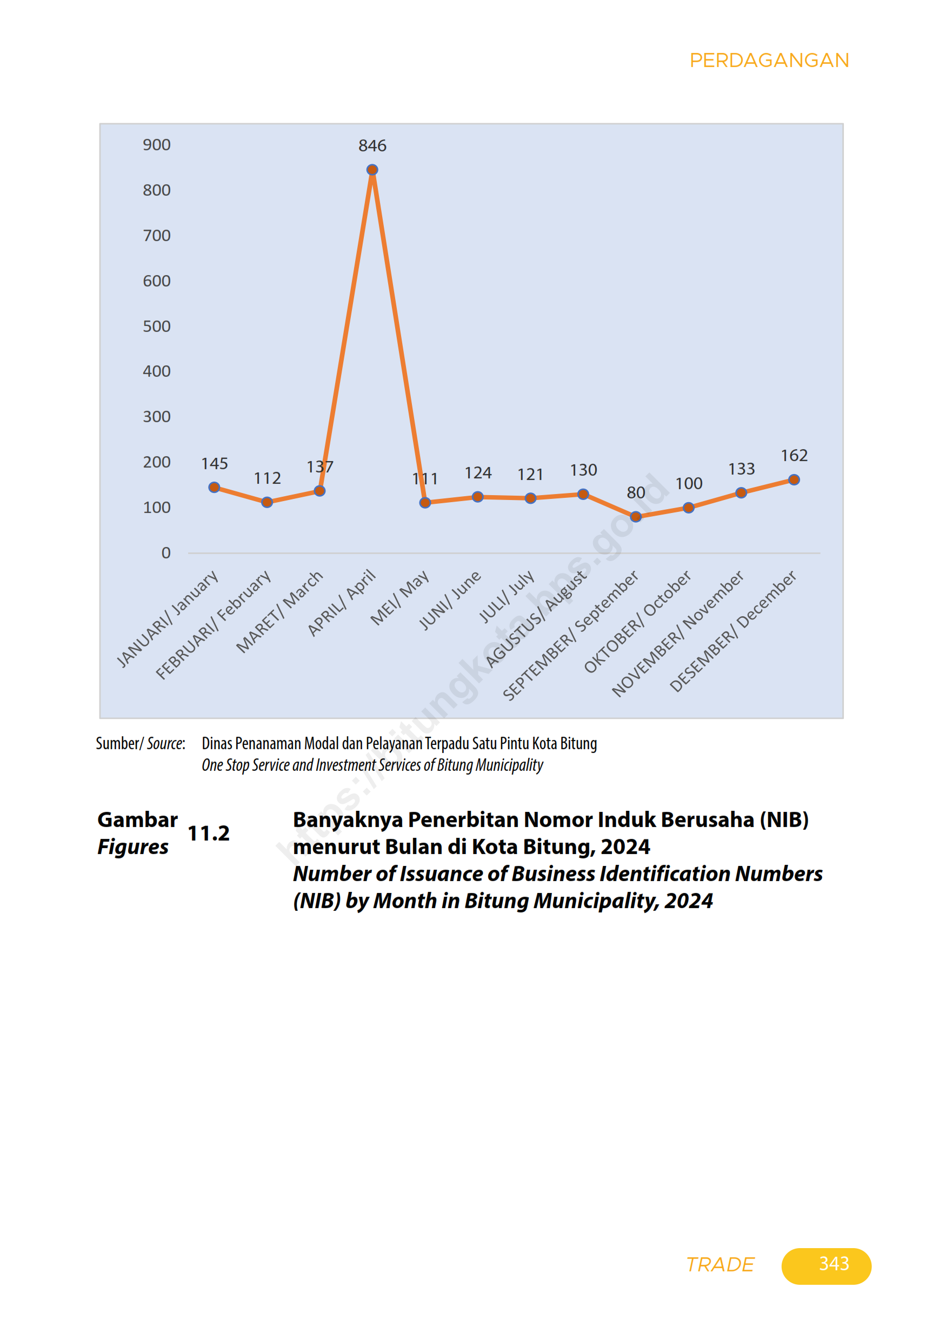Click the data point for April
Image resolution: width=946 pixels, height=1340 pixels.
(372, 170)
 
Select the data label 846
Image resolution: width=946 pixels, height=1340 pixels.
(372, 145)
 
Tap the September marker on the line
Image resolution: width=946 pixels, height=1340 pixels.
(636, 517)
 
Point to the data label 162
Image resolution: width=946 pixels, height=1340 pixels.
(794, 455)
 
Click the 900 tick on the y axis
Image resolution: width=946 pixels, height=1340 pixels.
(156, 145)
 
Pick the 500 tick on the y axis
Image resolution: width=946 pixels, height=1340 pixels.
(156, 326)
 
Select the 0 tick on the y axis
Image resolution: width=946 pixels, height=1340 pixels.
(166, 552)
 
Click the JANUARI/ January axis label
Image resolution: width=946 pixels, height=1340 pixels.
(168, 618)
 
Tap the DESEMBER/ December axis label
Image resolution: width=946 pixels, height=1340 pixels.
(733, 631)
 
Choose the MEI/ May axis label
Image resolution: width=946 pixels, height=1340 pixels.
(401, 597)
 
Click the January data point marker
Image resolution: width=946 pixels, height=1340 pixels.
(214, 488)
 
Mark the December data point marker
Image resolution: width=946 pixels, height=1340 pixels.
(794, 480)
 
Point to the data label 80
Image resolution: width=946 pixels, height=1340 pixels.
(636, 492)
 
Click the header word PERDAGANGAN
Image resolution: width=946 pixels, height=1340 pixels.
(769, 61)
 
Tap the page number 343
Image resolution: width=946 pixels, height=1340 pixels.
(834, 1264)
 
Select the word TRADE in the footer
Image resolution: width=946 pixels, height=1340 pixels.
(720, 1264)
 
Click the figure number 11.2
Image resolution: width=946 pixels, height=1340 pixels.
(208, 834)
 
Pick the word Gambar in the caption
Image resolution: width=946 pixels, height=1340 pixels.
(137, 820)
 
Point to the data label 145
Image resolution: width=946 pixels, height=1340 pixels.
(214, 463)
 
